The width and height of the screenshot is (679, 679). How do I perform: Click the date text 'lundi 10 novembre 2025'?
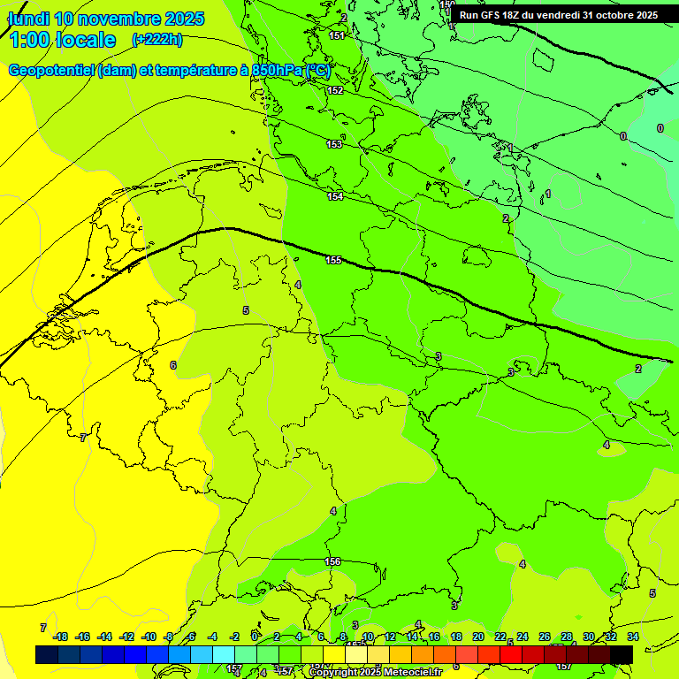click(x=105, y=19)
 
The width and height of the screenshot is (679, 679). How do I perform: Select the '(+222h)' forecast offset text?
click(x=156, y=39)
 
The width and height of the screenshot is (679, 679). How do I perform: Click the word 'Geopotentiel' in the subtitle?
click(x=50, y=71)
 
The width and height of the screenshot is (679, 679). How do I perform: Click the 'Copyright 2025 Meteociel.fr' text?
click(x=375, y=673)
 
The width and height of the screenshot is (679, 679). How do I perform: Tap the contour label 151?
click(x=337, y=35)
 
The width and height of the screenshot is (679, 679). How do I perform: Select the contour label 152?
click(x=335, y=90)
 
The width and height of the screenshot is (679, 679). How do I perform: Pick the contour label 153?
click(x=334, y=144)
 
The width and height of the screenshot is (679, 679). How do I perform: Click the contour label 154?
click(x=335, y=196)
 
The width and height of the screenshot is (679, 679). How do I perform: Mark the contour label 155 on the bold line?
click(x=333, y=260)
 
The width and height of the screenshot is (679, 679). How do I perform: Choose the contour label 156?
click(x=332, y=561)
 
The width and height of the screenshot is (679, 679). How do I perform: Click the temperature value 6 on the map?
click(x=173, y=365)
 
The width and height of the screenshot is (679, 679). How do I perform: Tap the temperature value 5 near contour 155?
click(x=246, y=310)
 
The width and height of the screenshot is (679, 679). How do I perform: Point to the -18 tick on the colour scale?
click(x=61, y=637)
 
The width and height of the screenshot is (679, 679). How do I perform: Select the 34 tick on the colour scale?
click(x=633, y=637)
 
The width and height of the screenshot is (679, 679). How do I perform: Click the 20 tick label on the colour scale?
click(x=477, y=637)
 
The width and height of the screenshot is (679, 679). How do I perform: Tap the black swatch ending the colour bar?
click(x=622, y=654)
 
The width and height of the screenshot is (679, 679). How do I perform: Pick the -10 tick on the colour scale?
click(x=149, y=637)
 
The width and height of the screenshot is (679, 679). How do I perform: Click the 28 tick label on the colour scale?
click(x=566, y=637)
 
